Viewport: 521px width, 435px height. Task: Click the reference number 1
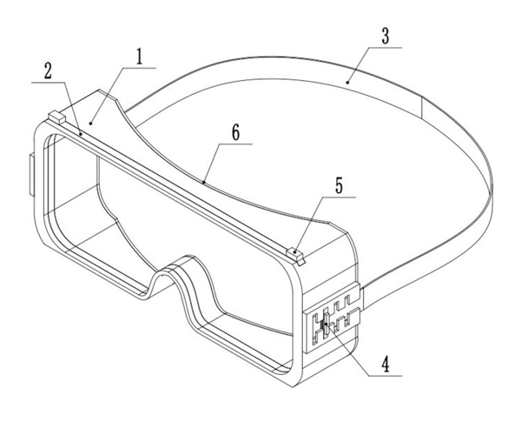(x=140, y=57)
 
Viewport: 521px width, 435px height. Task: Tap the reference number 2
(x=49, y=71)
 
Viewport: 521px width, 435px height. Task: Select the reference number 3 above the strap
(x=386, y=37)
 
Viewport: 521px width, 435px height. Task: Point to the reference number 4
(x=386, y=365)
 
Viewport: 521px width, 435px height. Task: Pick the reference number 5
(x=339, y=185)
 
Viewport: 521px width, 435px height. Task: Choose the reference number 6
(x=235, y=133)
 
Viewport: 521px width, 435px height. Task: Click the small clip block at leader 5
(x=295, y=256)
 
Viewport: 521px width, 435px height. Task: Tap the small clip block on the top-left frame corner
(x=56, y=117)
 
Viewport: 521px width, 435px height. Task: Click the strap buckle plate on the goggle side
(x=333, y=318)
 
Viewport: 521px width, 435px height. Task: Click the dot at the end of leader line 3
(x=347, y=82)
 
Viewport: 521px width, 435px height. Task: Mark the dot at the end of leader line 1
(x=90, y=124)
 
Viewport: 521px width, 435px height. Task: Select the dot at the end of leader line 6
(x=203, y=182)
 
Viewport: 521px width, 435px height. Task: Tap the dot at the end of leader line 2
(x=81, y=134)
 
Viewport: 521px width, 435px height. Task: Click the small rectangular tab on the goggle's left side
(x=31, y=175)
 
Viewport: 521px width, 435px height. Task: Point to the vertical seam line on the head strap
(x=422, y=108)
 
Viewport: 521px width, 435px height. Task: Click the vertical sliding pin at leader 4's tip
(x=326, y=322)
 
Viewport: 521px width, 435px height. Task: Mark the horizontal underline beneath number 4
(x=386, y=376)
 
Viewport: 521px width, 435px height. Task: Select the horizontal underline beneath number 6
(x=235, y=144)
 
